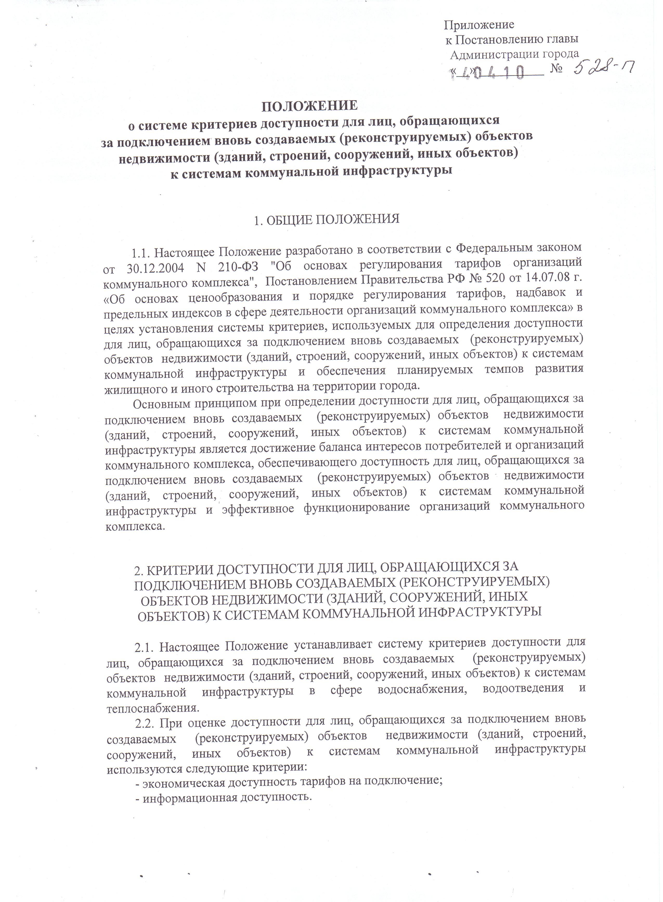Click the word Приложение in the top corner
(479, 25)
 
